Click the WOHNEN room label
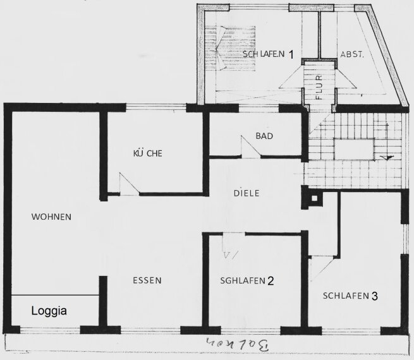pyautogui.click(x=51, y=217)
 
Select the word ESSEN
pyautogui.click(x=147, y=280)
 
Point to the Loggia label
pyautogui.click(x=49, y=311)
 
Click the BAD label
pyautogui.click(x=264, y=136)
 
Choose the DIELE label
pyautogui.click(x=247, y=194)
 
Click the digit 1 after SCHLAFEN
pyautogui.click(x=291, y=54)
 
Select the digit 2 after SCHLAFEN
pyautogui.click(x=270, y=281)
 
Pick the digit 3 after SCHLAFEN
pyautogui.click(x=375, y=295)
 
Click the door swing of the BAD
pyautogui.click(x=250, y=145)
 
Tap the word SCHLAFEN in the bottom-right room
pyautogui.click(x=345, y=296)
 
